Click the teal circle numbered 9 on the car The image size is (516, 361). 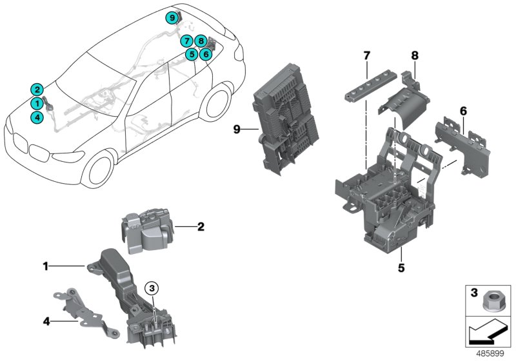coord(171,18)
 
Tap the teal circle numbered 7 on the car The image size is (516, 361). coord(187,41)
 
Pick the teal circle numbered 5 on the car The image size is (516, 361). coord(192,55)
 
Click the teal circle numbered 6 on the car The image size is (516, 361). coord(206,55)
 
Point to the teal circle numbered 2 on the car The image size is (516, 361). coord(37,90)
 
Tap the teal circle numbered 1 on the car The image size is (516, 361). coord(37,103)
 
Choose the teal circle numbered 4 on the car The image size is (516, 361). coord(37,117)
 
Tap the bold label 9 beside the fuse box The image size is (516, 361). coord(237,129)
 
